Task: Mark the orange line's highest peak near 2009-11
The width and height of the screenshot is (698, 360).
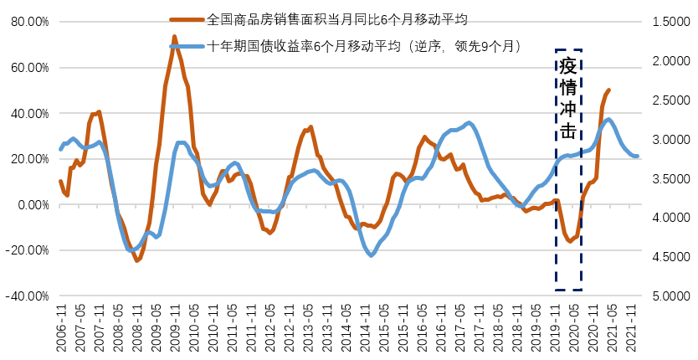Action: tap(174, 37)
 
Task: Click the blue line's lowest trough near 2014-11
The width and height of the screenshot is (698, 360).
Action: tap(372, 255)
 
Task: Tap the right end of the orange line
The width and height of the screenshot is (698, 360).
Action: tap(608, 90)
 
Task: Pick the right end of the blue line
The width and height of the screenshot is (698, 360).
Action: tap(638, 157)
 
